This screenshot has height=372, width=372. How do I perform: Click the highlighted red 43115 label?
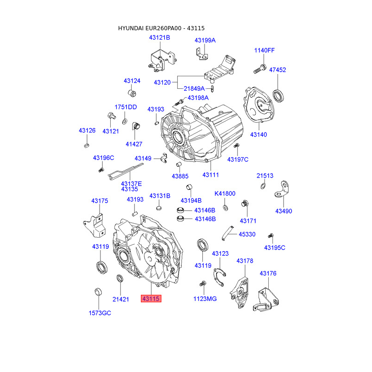151,299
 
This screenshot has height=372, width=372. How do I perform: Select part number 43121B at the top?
159,38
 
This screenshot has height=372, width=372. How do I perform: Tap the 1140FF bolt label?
264,50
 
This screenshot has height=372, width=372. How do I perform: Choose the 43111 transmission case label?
210,175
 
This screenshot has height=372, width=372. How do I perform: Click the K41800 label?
225,193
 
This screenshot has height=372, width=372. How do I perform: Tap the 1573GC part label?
100,313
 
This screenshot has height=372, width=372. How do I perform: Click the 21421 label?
120,299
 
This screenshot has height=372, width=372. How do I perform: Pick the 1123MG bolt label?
205,299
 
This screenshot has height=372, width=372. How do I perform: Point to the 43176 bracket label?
268,273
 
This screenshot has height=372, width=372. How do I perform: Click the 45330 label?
247,234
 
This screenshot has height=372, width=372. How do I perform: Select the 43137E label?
132,184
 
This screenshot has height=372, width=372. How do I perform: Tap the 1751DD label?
126,107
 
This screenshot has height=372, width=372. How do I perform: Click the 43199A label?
205,40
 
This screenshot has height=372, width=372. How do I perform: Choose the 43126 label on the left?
87,131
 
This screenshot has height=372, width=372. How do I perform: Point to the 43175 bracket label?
100,201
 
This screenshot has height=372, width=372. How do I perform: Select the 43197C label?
238,159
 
